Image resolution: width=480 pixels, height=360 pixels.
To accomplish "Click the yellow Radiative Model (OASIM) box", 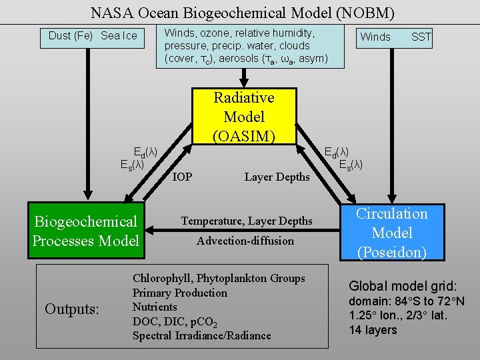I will point(244,117).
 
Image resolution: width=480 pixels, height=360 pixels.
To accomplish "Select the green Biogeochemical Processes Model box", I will point(85,231).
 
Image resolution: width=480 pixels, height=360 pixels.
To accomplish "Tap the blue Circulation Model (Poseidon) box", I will point(392,233).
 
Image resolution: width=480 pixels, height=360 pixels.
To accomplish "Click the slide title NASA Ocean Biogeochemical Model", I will point(243,13).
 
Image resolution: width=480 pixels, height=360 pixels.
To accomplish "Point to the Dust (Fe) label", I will point(71,36).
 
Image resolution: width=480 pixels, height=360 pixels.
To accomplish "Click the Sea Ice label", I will point(119,36).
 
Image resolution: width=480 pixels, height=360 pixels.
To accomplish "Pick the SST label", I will point(421,37).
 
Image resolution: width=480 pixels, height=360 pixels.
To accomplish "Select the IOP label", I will point(183,177).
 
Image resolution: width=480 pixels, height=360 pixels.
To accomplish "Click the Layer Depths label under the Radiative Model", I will point(277,177).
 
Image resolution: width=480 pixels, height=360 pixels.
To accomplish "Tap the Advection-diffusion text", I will point(245,241).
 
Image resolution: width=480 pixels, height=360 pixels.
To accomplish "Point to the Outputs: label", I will point(72,309).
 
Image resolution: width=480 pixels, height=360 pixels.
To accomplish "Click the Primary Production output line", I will point(179,293).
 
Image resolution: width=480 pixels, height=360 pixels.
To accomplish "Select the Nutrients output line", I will point(155,307).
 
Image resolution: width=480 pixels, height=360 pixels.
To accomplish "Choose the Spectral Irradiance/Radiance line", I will point(201,335).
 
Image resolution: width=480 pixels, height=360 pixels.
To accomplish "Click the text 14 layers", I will point(373,330).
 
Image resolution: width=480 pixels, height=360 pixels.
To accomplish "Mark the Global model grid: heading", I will point(403,286).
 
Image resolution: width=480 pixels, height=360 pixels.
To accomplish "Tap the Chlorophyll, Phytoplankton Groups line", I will point(219,278).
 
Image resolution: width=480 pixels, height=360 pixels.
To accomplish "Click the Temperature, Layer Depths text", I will point(247,221).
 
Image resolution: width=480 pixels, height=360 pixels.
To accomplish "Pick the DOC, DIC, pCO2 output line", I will point(175,321).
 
